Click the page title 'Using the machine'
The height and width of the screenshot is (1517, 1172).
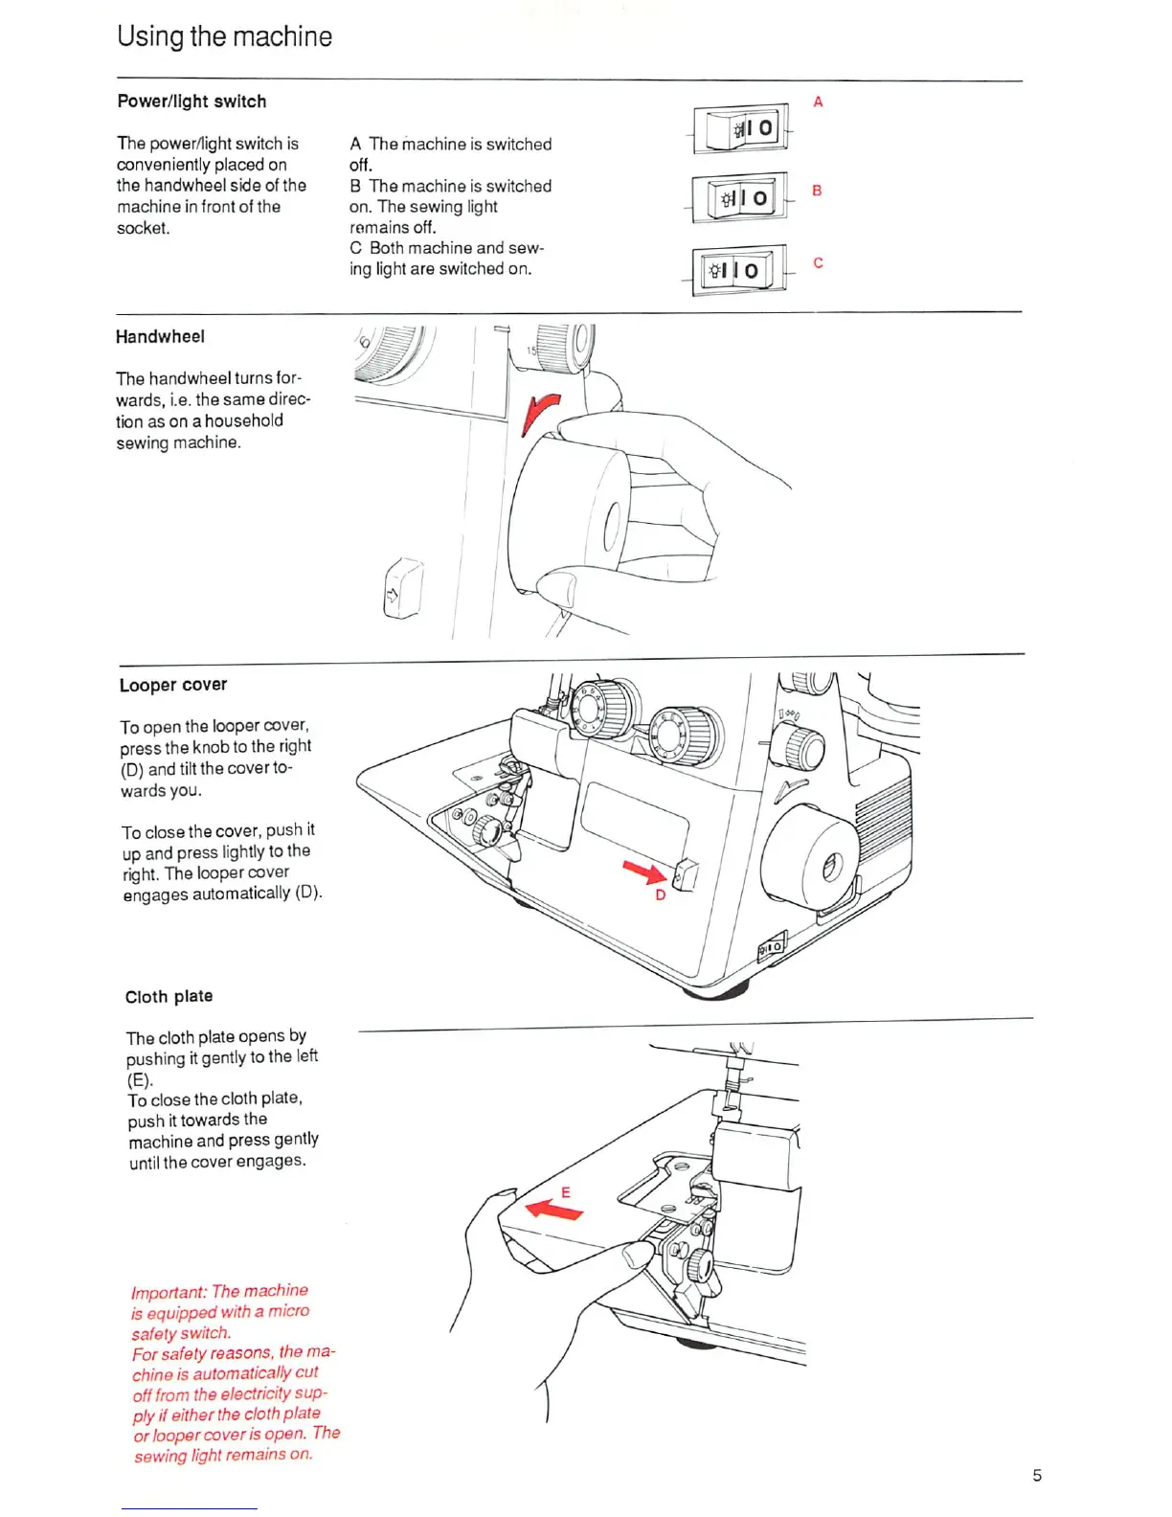(x=224, y=36)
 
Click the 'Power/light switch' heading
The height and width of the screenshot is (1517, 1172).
(x=192, y=102)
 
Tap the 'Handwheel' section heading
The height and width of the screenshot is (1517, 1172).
(x=160, y=337)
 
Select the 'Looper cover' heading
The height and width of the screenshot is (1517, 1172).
(x=173, y=685)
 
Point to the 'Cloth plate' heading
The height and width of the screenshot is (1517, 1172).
(x=169, y=997)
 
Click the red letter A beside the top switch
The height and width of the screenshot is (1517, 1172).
(x=818, y=102)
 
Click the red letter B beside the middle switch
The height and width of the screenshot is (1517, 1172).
(x=817, y=191)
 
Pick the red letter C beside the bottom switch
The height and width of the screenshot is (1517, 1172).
(x=818, y=262)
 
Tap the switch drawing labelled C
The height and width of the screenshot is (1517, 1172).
(x=738, y=270)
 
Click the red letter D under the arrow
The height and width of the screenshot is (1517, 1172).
(x=660, y=895)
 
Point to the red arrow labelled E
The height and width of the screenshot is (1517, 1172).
(x=554, y=1210)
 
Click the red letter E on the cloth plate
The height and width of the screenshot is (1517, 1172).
(x=566, y=1191)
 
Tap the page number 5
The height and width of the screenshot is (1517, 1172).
(x=1037, y=1475)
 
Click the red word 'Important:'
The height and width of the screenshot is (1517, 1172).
(x=169, y=1292)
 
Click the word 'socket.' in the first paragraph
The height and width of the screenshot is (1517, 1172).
(x=144, y=228)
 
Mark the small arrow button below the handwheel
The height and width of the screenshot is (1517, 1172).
(x=402, y=589)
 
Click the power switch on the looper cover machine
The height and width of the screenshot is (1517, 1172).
(x=772, y=946)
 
